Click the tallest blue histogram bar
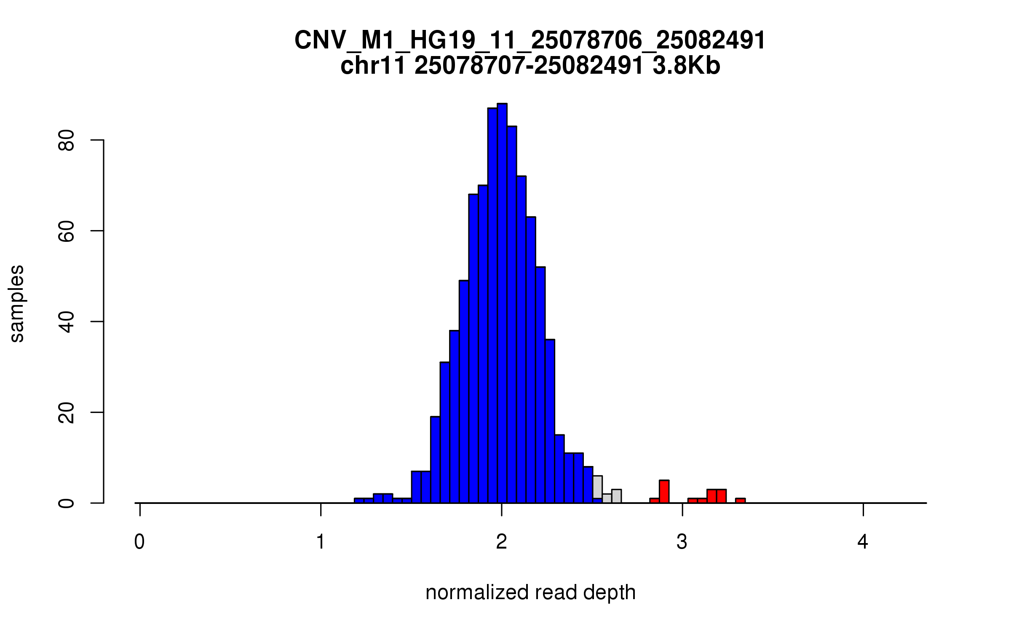(502, 303)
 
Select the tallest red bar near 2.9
(664, 492)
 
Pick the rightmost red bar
(740, 501)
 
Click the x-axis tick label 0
(139, 542)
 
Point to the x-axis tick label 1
(321, 542)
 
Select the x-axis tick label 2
(501, 542)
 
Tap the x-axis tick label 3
(682, 542)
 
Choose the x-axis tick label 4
(863, 542)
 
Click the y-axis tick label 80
(66, 140)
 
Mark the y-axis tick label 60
(66, 231)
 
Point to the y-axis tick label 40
(66, 322)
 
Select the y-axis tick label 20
(66, 412)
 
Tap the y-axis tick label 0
(66, 503)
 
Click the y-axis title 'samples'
(17, 303)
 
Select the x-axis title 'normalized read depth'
(530, 592)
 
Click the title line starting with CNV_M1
(530, 40)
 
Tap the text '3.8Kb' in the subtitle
(686, 66)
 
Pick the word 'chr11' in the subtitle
(373, 66)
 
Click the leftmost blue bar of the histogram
(359, 501)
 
